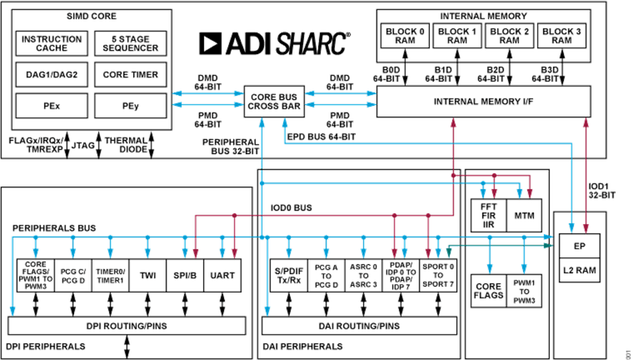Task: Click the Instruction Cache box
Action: pyautogui.click(x=51, y=44)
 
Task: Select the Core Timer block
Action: pyautogui.click(x=131, y=75)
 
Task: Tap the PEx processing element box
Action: pyautogui.click(x=51, y=105)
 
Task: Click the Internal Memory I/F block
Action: pyautogui.click(x=483, y=102)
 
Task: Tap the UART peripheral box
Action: pyautogui.click(x=221, y=275)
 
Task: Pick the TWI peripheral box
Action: pyautogui.click(x=147, y=275)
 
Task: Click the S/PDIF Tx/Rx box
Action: pyautogui.click(x=289, y=275)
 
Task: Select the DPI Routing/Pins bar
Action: pyautogui.click(x=126, y=327)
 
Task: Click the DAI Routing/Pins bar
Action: pyautogui.click(x=360, y=327)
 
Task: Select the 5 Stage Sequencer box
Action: pyautogui.click(x=131, y=44)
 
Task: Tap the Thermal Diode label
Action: pyautogui.click(x=126, y=145)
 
